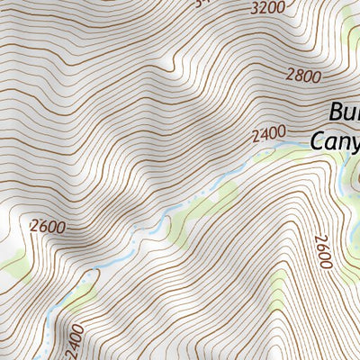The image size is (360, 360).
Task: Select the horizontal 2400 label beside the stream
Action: [269, 135]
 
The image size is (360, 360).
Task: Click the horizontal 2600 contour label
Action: [47, 227]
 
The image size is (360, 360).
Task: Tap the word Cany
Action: [336, 140]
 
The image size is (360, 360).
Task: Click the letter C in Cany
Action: [319, 140]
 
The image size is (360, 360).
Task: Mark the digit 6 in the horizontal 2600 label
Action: [41, 227]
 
